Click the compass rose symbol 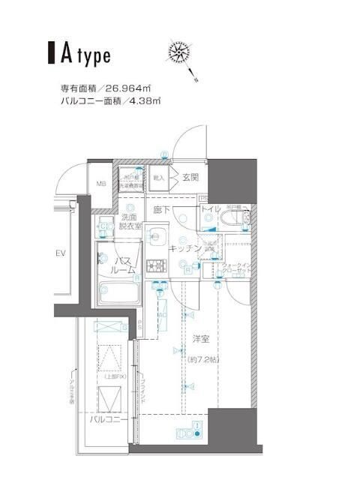[x=180, y=55]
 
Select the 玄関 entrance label [x=190, y=178]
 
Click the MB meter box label [x=100, y=182]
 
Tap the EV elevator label [x=61, y=253]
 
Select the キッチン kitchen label [x=184, y=247]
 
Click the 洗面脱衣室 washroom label [x=130, y=220]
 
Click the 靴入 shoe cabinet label [x=158, y=178]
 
